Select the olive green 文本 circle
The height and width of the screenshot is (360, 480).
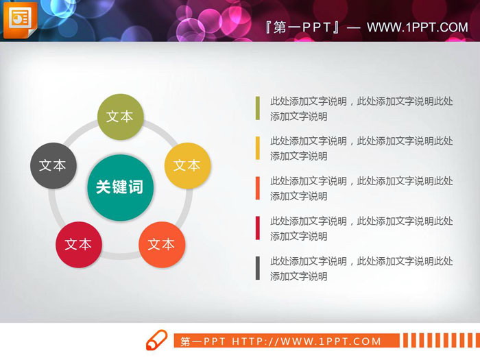click(x=120, y=117)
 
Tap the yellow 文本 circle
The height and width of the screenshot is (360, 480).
click(x=187, y=166)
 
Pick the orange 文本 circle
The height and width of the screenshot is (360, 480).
click(x=162, y=244)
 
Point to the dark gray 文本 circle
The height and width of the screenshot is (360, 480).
click(x=53, y=166)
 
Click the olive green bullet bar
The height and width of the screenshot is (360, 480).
click(x=258, y=108)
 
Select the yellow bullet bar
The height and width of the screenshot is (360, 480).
click(x=258, y=148)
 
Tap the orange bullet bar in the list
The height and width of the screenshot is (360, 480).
click(x=258, y=188)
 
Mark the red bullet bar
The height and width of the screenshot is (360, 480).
click(x=258, y=228)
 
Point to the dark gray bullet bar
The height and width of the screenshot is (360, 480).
click(x=258, y=268)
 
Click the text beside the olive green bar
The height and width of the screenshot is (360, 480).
click(x=361, y=108)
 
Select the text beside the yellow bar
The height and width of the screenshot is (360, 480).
click(x=361, y=148)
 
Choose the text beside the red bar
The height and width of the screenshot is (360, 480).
click(x=361, y=228)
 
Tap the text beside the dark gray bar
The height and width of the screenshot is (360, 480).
click(x=361, y=268)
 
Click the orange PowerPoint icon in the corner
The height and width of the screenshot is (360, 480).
click(x=20, y=21)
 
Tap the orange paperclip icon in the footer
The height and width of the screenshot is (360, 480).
click(x=156, y=340)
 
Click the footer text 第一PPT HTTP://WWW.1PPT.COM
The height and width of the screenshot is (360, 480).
click(x=280, y=341)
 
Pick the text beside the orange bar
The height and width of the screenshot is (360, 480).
click(x=361, y=189)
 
